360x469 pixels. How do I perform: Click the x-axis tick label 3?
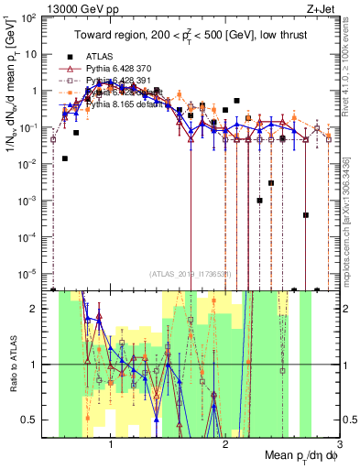339,445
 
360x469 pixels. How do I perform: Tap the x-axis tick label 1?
111,445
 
